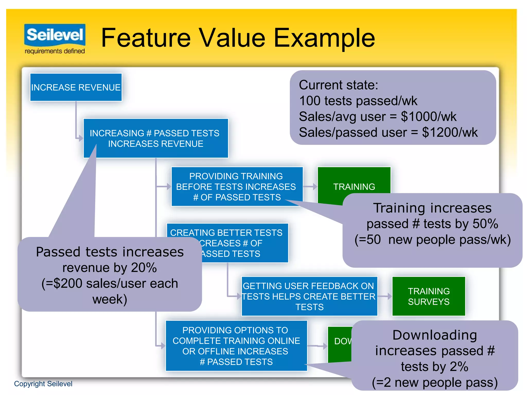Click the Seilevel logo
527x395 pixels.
[x=55, y=35]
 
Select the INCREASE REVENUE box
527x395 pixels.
[x=76, y=87]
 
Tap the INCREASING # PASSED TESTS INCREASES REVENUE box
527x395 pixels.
[x=156, y=138]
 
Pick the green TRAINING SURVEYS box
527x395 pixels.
[x=429, y=296]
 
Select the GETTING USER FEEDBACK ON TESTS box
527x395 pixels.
[x=309, y=296]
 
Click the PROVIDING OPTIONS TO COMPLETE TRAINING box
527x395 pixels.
[x=236, y=346]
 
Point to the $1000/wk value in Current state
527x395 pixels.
[x=428, y=116]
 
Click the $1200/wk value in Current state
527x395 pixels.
[x=450, y=132]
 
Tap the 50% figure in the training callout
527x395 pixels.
[x=485, y=224]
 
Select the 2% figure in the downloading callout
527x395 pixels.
[x=459, y=367]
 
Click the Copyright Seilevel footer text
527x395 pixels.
[x=43, y=384]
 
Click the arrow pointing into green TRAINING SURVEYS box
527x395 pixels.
[x=385, y=297]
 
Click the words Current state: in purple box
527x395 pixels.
[x=338, y=85]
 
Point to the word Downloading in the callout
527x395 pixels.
[x=435, y=335]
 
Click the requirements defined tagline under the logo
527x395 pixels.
[x=55, y=51]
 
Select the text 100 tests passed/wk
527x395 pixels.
[x=358, y=101]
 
